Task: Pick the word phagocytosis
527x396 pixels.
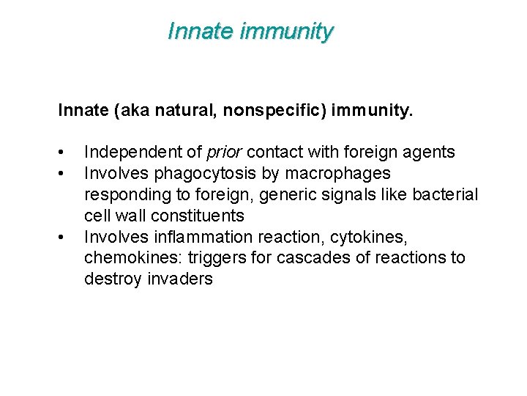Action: point(192,174)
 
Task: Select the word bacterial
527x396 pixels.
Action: point(445,194)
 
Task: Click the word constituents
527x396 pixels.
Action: point(197,216)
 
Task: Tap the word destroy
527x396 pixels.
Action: point(111,279)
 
